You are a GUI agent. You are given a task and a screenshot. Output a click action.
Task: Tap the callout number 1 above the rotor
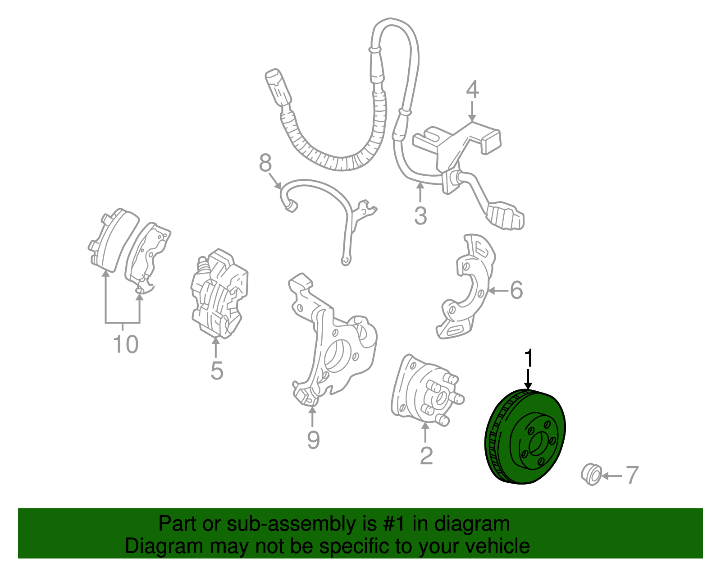(x=529, y=357)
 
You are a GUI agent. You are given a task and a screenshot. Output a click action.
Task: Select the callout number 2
(x=426, y=456)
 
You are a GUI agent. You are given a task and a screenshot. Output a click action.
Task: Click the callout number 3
(x=421, y=215)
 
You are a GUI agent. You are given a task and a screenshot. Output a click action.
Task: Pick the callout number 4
(x=473, y=89)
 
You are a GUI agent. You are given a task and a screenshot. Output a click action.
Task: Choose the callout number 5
(x=217, y=371)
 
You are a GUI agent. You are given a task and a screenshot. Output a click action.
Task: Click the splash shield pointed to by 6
(x=466, y=287)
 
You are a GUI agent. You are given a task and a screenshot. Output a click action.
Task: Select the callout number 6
(x=516, y=290)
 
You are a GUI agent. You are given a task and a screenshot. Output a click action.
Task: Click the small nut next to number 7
(x=591, y=474)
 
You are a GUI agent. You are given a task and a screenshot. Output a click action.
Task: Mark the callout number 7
(x=632, y=475)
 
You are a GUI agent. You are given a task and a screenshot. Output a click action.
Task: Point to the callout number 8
(x=265, y=163)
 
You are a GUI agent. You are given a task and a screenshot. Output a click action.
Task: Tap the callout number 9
(x=313, y=440)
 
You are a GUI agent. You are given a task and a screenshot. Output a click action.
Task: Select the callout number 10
(x=126, y=344)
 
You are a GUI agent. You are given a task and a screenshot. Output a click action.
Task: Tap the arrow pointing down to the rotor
(x=528, y=379)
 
